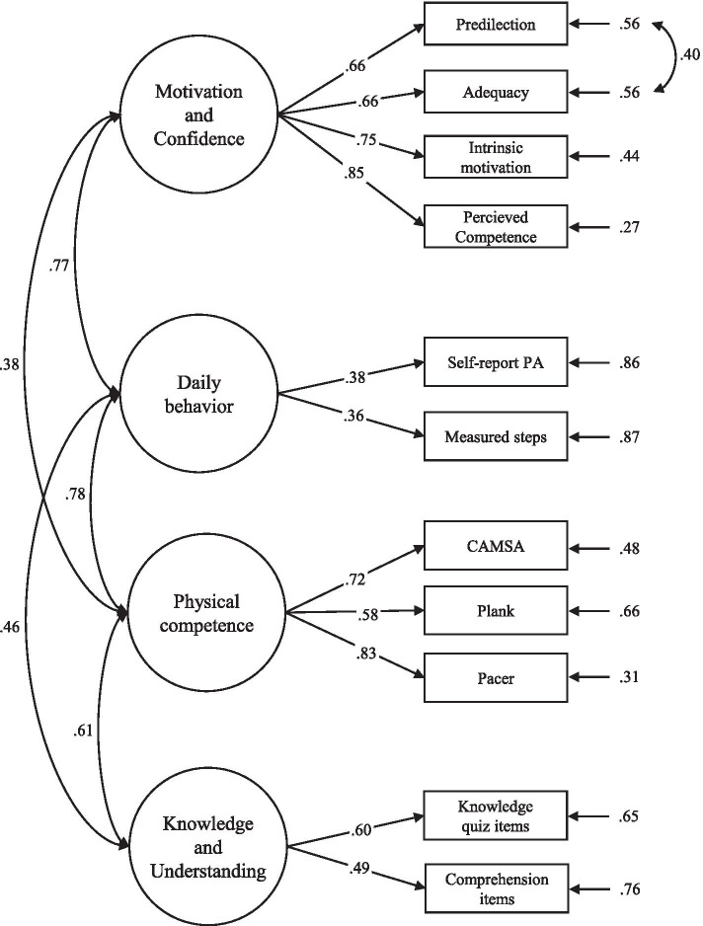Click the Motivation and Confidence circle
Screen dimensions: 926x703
click(x=199, y=116)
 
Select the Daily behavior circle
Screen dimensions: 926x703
click(x=199, y=394)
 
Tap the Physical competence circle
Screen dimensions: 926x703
click(x=199, y=612)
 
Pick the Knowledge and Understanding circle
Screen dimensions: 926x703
click(x=199, y=847)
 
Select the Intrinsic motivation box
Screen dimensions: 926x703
click(x=496, y=158)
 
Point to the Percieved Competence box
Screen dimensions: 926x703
click(x=496, y=226)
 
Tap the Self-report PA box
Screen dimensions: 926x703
click(x=496, y=363)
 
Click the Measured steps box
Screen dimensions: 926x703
click(x=496, y=434)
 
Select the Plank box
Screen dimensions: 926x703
click(x=496, y=611)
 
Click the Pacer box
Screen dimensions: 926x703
click(x=496, y=679)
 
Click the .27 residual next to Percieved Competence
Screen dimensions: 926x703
click(x=631, y=226)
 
